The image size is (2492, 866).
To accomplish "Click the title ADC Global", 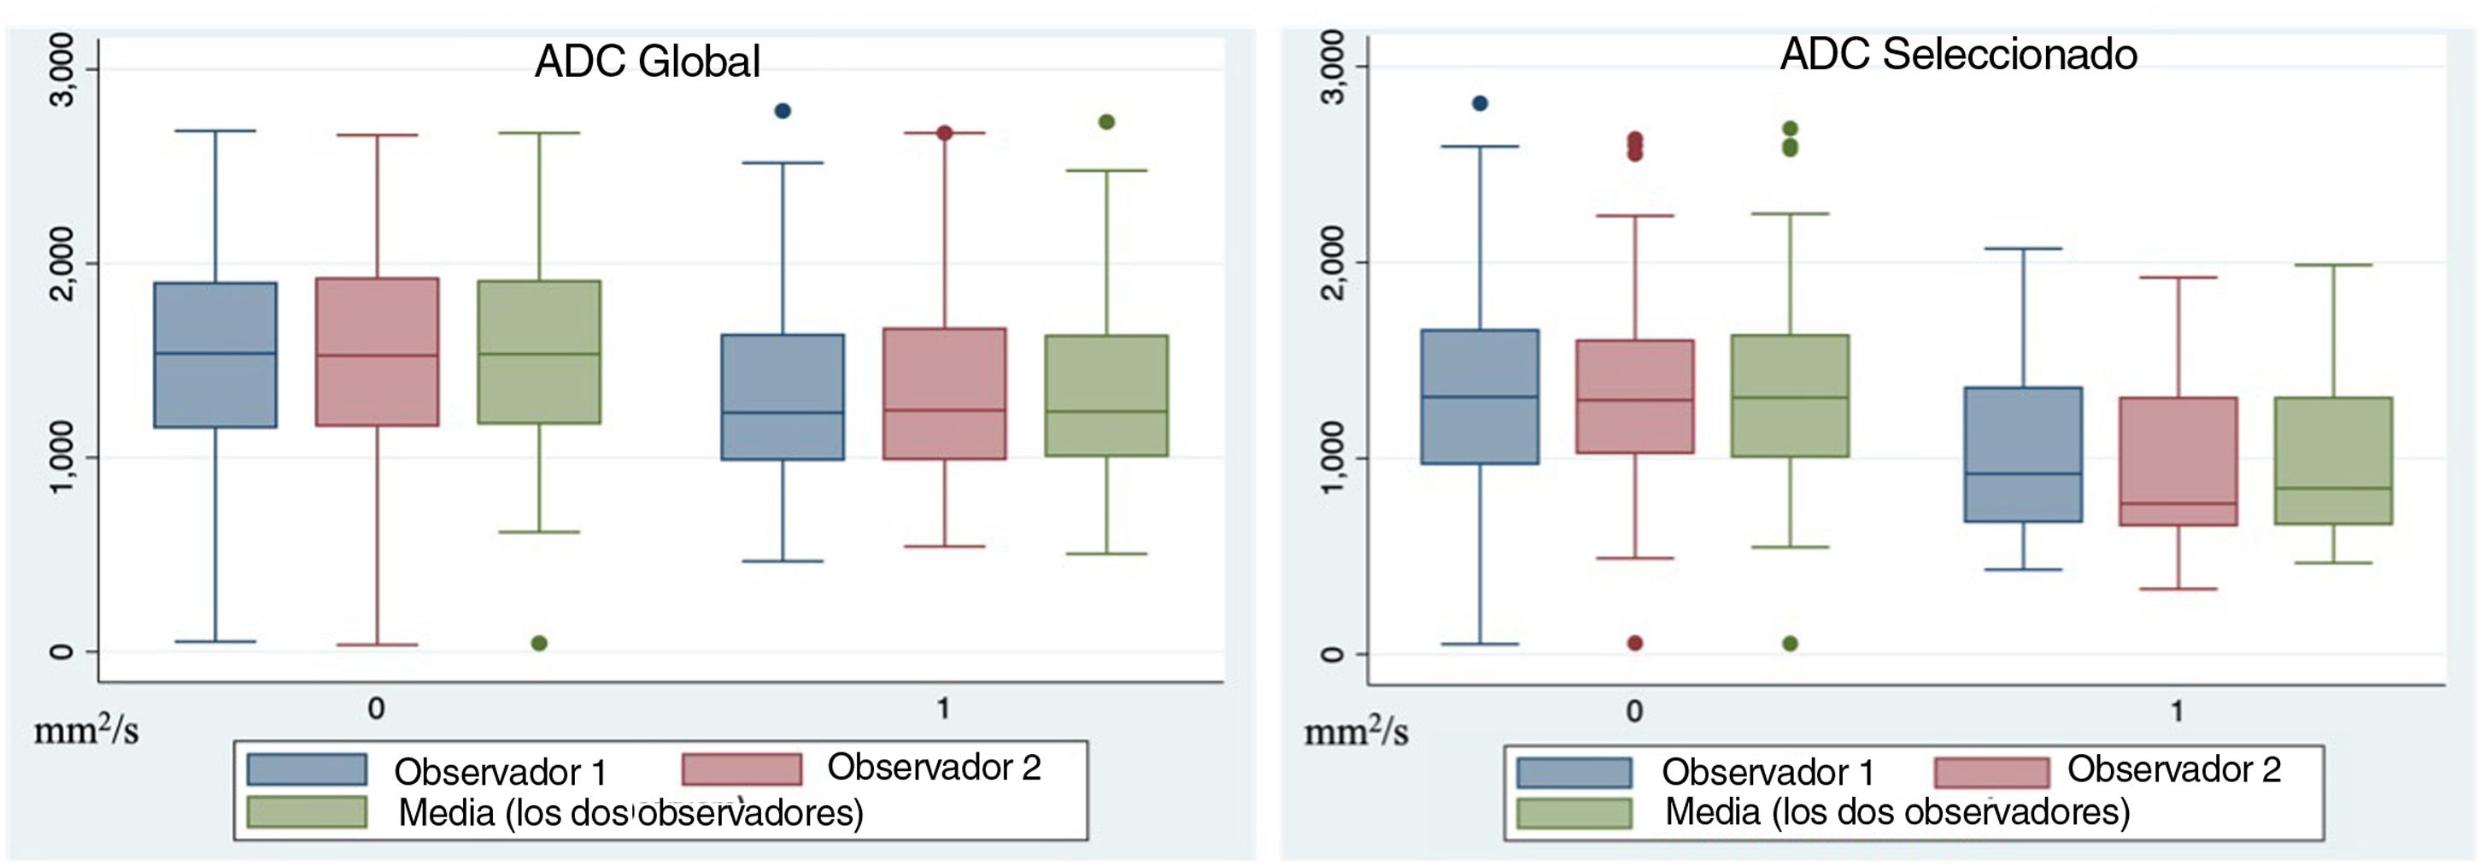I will tap(648, 61).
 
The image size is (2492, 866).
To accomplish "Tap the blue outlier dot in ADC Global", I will tap(783, 111).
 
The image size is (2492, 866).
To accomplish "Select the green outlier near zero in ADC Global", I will tap(540, 644).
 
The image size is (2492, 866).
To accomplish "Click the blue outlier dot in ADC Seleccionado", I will tap(1479, 103).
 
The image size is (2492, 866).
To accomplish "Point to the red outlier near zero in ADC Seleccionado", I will tap(1635, 644).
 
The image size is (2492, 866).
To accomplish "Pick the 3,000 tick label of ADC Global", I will tap(60, 69).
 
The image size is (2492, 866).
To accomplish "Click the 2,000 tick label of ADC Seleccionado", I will tap(1332, 262).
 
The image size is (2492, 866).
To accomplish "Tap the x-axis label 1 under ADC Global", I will tap(943, 710).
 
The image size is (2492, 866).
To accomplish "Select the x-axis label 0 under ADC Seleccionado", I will tap(1634, 711).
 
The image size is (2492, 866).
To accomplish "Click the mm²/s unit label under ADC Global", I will tap(86, 732).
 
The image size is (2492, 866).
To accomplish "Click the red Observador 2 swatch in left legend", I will tap(742, 769).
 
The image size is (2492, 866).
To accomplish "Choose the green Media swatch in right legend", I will tap(1574, 813).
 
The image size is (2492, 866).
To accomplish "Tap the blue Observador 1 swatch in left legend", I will tap(307, 769).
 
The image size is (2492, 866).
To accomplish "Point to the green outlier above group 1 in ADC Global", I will tap(1106, 122).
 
